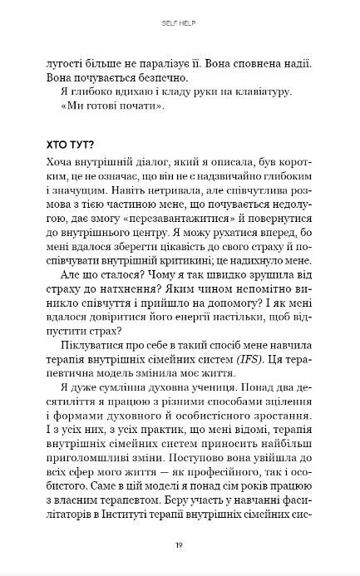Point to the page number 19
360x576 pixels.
point(180,544)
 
